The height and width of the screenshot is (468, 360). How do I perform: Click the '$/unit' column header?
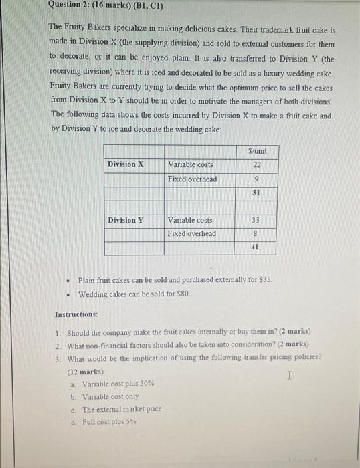tap(257, 151)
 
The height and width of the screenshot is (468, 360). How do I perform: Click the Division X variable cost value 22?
tap(256, 165)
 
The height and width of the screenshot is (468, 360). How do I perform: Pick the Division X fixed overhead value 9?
tap(256, 179)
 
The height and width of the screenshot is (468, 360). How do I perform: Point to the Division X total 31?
tap(256, 193)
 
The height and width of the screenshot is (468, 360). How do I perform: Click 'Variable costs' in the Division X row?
tap(191, 165)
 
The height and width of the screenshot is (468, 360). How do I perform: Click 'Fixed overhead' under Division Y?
tap(192, 234)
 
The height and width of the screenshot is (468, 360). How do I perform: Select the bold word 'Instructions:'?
tap(76, 314)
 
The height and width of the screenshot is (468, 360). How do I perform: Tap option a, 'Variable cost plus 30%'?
tap(118, 384)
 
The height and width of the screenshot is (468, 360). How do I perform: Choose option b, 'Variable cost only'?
tap(110, 397)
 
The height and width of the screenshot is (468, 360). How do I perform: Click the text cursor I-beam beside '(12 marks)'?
tap(289, 376)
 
